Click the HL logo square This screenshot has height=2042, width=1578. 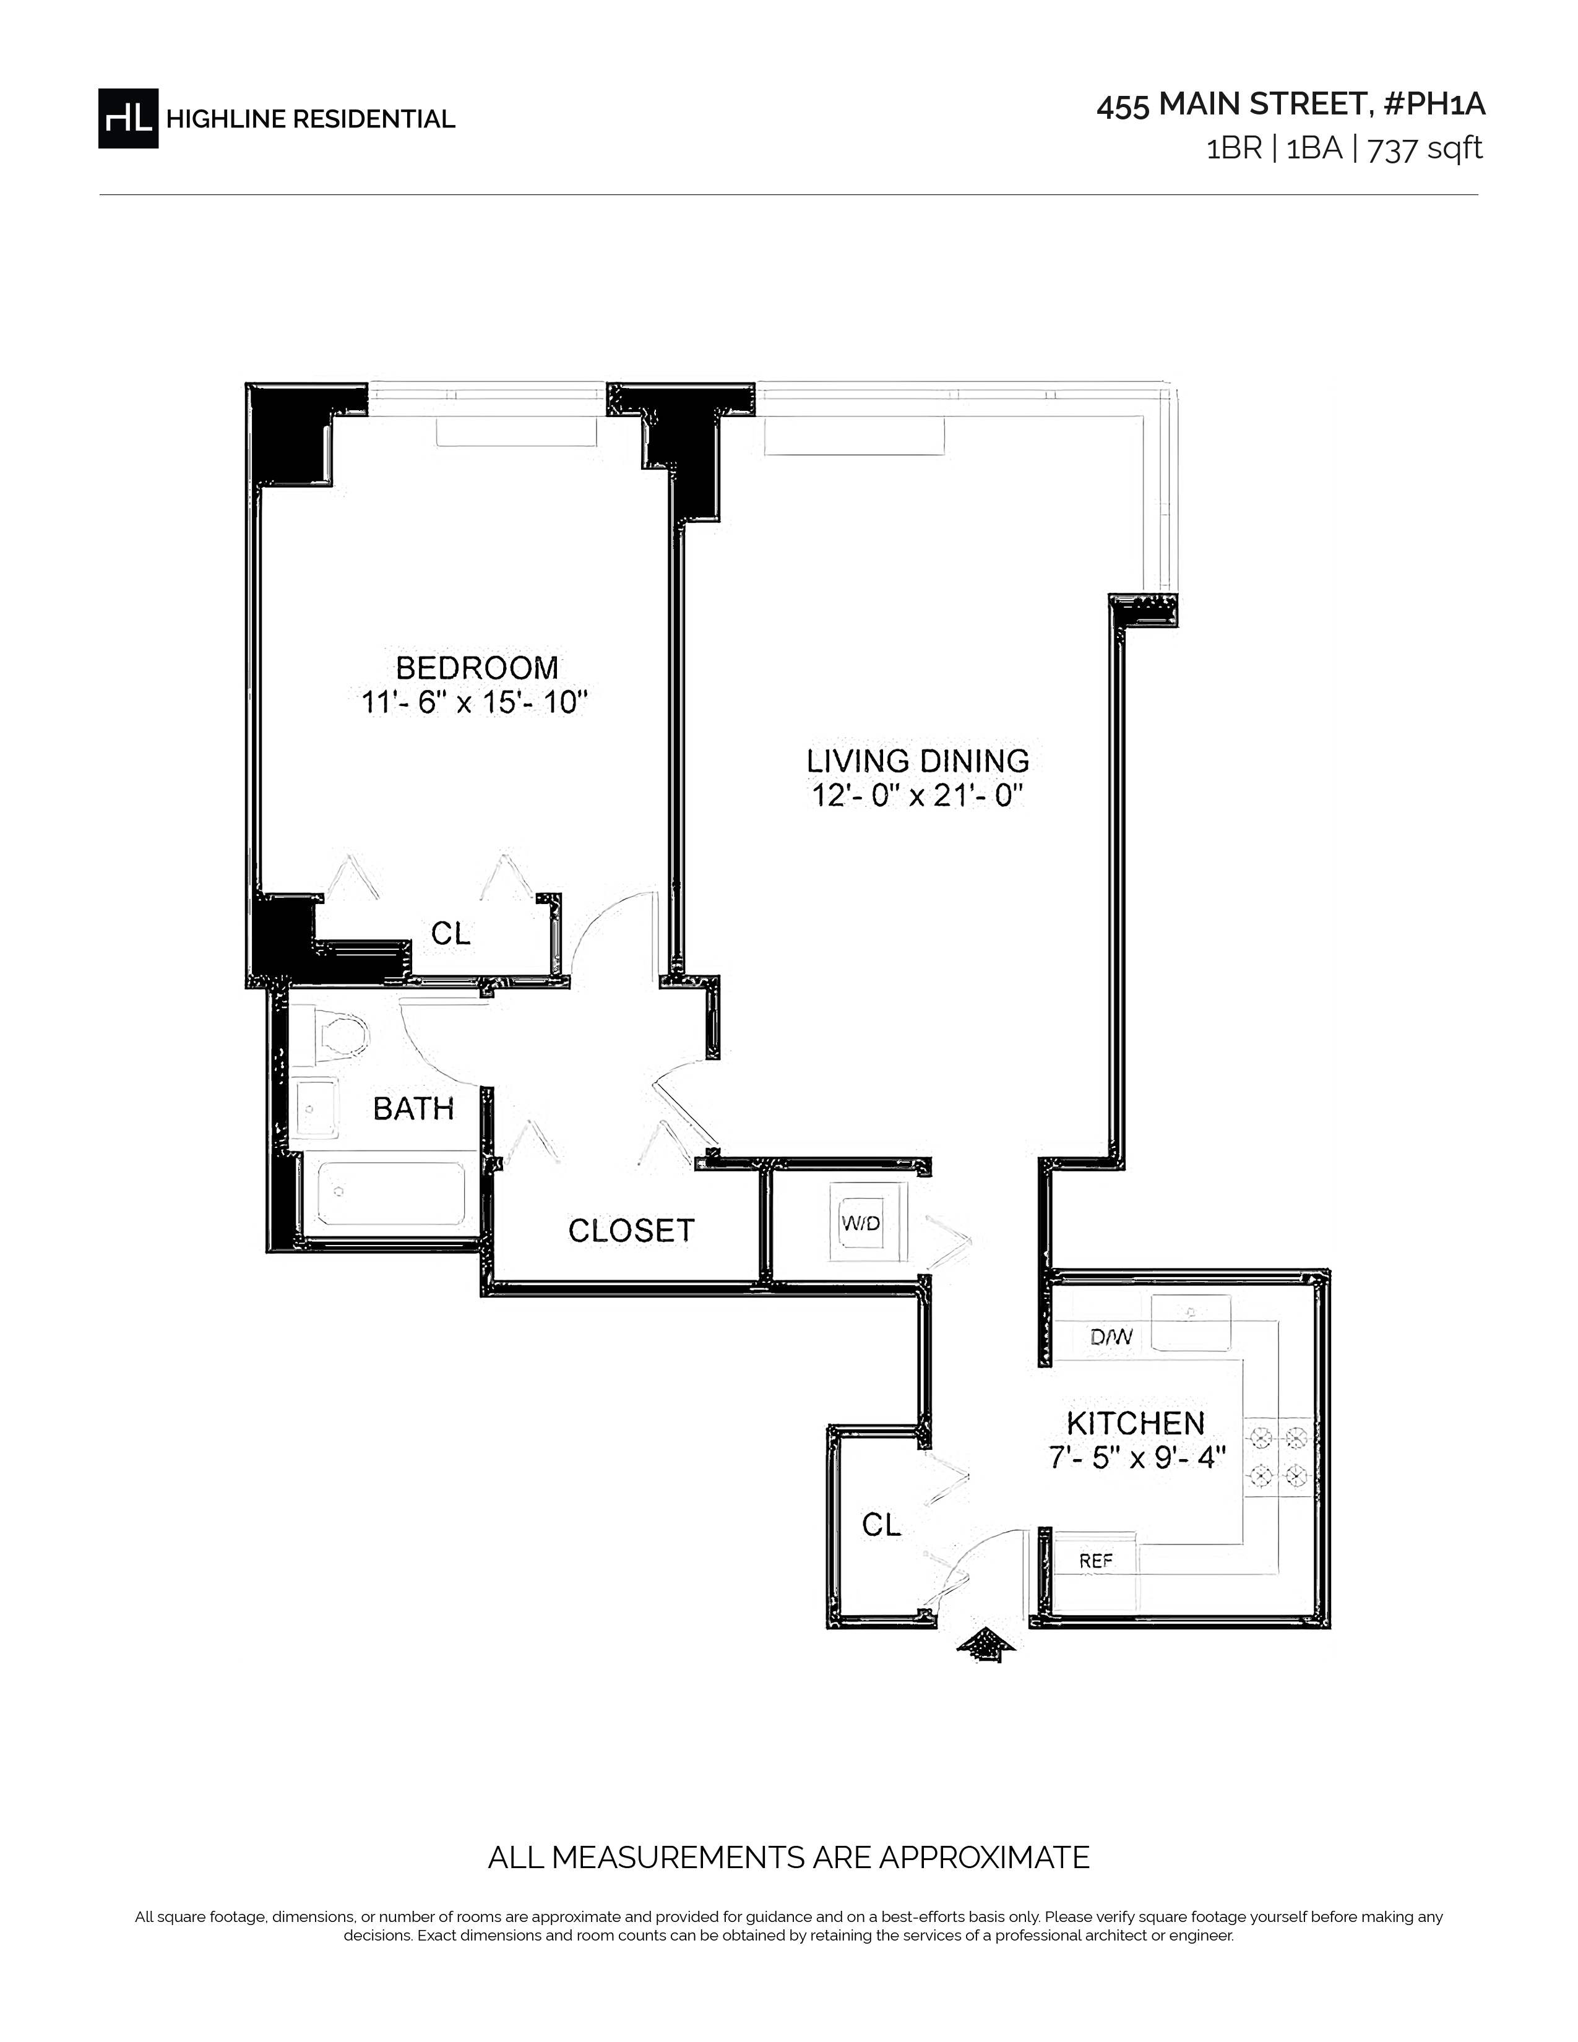point(128,118)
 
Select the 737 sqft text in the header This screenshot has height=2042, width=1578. point(1425,150)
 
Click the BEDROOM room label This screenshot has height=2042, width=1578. point(476,668)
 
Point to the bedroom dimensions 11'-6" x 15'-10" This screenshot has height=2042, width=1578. point(475,702)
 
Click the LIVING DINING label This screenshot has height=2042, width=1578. point(918,760)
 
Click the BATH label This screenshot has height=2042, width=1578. point(413,1109)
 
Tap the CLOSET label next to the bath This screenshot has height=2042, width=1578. point(632,1230)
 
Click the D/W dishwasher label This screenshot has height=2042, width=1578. point(1111,1337)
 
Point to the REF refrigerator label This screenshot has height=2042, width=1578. point(1095,1561)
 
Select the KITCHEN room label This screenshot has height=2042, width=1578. point(1136,1423)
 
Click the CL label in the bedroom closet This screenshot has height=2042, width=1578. point(451,933)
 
